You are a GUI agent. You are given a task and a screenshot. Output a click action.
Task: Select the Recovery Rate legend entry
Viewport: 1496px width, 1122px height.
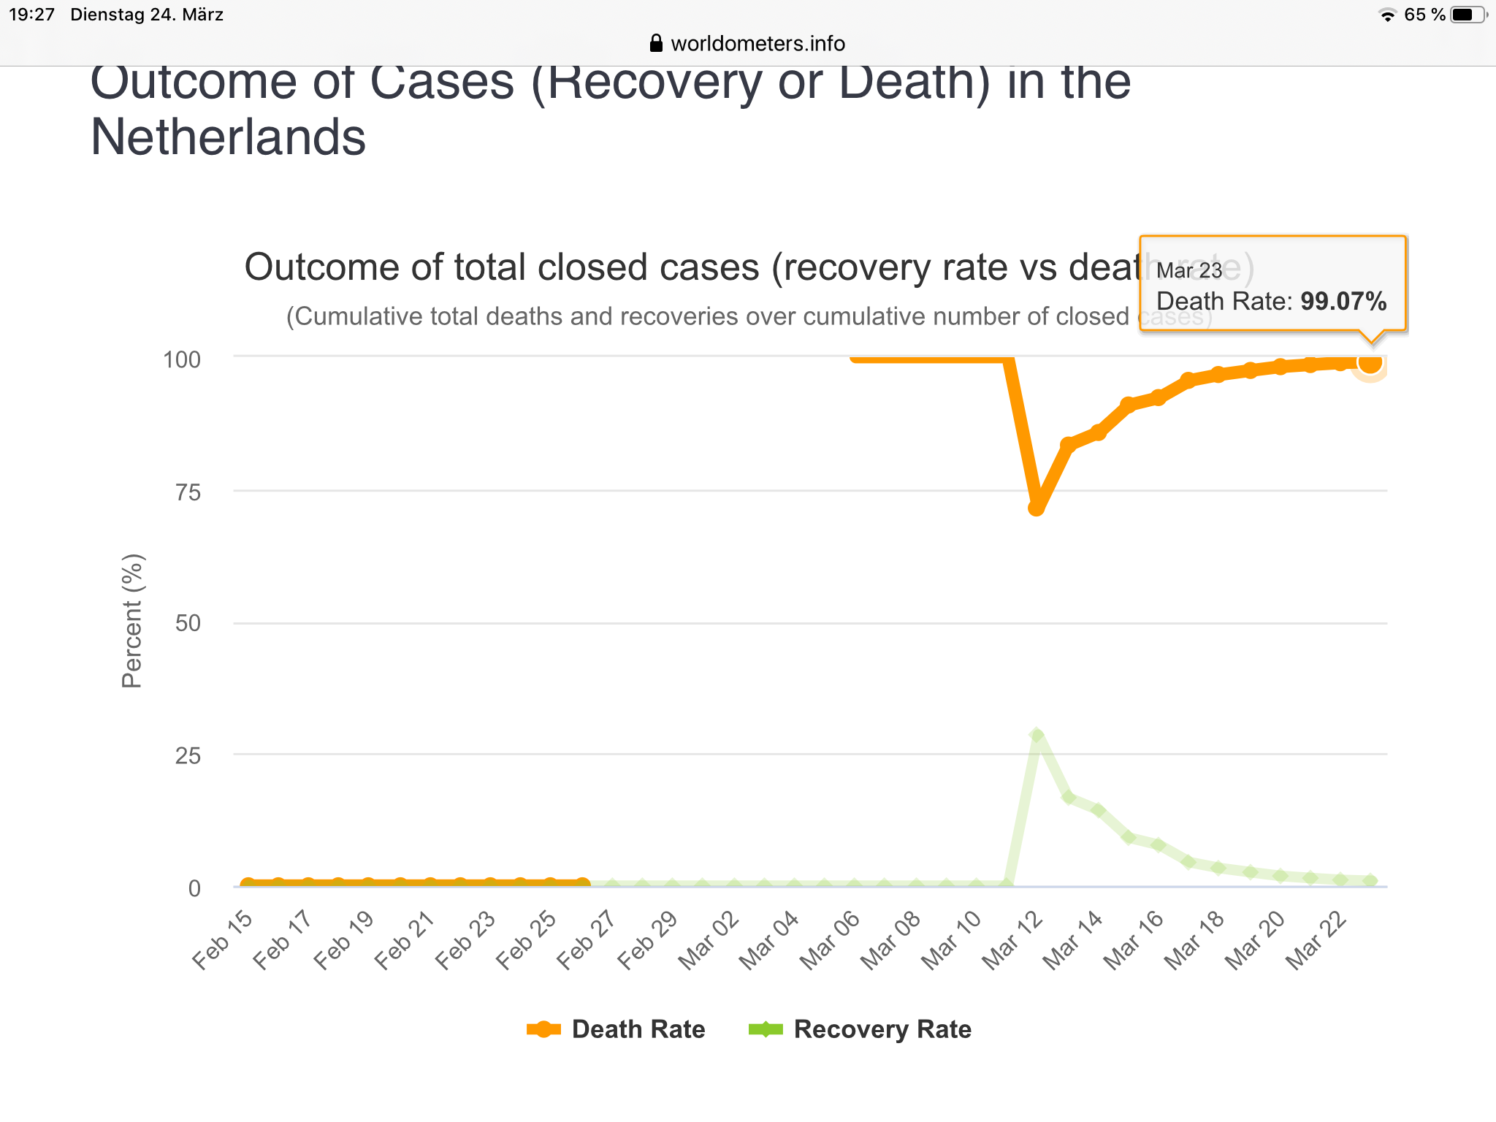[x=860, y=1029]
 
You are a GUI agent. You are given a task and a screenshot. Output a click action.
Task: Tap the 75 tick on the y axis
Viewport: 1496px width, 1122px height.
[x=188, y=492]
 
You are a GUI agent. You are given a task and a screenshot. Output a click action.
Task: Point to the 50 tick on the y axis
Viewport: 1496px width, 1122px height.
[x=188, y=623]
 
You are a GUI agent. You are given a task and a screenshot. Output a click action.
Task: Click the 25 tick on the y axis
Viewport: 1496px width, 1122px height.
[x=188, y=755]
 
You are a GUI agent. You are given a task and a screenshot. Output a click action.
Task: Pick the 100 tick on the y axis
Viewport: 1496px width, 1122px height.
[x=182, y=359]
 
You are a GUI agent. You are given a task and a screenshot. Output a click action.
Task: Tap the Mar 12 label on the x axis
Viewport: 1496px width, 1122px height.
[x=1012, y=942]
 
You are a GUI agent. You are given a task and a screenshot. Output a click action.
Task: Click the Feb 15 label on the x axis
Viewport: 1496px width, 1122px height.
[x=222, y=942]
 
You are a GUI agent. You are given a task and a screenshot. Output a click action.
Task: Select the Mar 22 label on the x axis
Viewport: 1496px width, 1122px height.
[x=1316, y=942]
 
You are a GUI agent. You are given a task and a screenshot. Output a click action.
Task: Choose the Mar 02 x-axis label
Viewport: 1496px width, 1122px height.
[x=709, y=942]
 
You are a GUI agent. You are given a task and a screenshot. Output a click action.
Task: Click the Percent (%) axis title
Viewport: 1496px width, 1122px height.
[x=132, y=622]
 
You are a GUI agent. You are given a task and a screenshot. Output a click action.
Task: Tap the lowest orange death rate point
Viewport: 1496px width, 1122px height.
[x=1036, y=508]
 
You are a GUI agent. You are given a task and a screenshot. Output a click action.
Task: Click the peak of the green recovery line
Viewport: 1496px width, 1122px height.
[x=1037, y=735]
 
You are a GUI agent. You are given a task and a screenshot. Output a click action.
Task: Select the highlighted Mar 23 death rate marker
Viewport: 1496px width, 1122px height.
[x=1370, y=362]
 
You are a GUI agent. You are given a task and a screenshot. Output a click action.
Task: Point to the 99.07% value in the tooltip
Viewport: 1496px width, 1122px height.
[x=1343, y=302]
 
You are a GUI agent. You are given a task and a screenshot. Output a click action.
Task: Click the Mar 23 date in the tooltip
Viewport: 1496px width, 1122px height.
[x=1188, y=270]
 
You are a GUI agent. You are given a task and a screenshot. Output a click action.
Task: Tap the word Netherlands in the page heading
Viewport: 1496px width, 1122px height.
[x=228, y=137]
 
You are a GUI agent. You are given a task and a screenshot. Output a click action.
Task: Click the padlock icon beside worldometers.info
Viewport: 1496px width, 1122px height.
[x=656, y=43]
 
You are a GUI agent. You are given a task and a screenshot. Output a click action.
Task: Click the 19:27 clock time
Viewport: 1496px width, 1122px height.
[x=31, y=15]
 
